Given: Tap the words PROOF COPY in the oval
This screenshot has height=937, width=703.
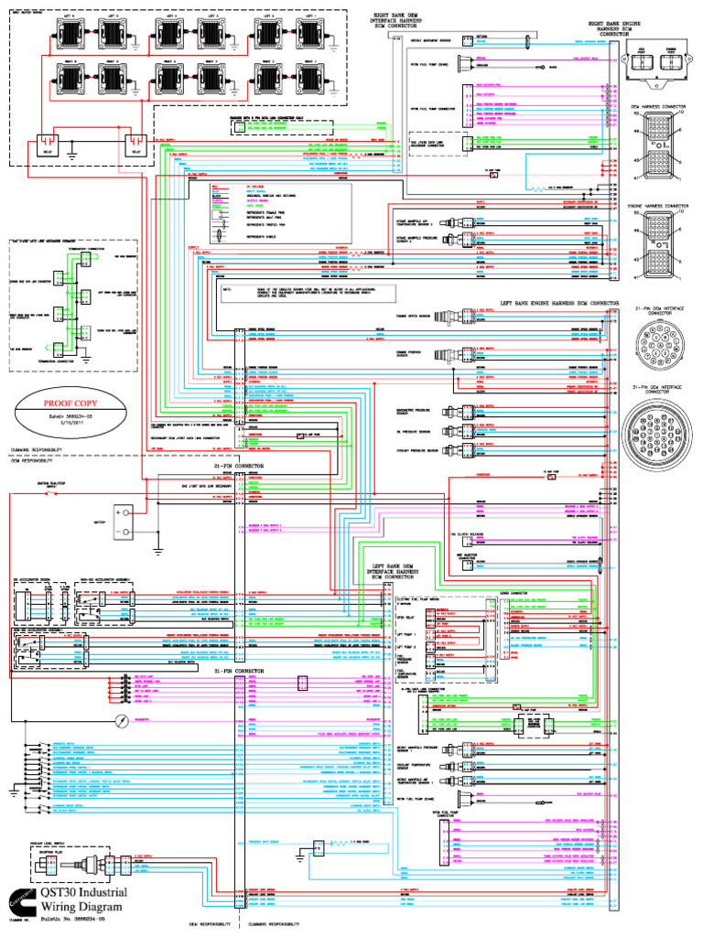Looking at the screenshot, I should pyautogui.click(x=70, y=401).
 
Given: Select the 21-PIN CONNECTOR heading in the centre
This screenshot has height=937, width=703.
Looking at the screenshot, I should pyautogui.click(x=239, y=466).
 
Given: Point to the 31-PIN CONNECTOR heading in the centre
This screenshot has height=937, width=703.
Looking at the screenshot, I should pyautogui.click(x=239, y=671).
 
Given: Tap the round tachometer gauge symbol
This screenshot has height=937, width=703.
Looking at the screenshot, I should pyautogui.click(x=120, y=721).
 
